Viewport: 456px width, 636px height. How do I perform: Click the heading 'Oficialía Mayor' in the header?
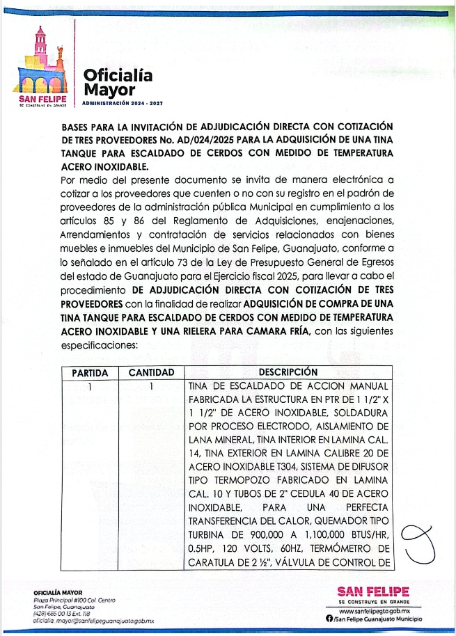pos(117,83)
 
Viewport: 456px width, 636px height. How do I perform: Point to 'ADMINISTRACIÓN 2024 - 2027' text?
pos(122,103)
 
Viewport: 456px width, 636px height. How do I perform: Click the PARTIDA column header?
pos(90,373)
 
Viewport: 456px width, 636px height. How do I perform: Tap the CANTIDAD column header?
pos(151,373)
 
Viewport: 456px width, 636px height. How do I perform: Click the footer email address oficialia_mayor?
pos(93,620)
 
